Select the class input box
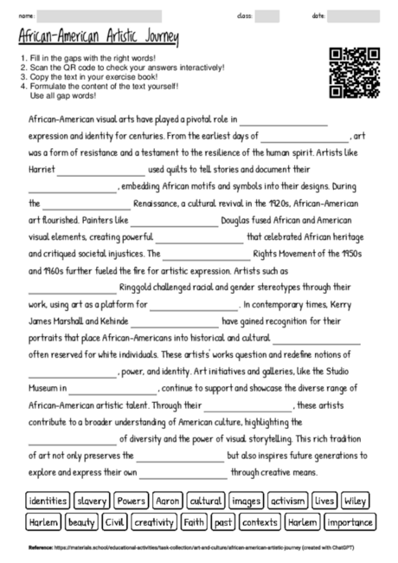(266, 16)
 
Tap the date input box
(353, 16)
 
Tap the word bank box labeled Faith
(194, 522)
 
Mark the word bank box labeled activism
(288, 502)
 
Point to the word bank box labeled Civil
(115, 522)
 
